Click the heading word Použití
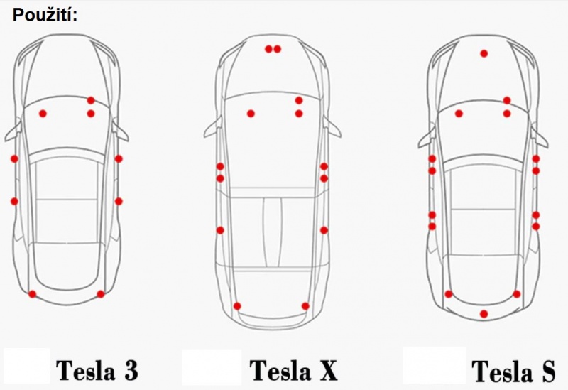(x=45, y=15)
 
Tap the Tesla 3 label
(x=97, y=370)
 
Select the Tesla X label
(x=293, y=370)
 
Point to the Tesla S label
(x=513, y=371)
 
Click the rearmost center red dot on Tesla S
(x=484, y=314)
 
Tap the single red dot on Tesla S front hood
(x=484, y=54)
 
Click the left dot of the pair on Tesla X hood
(x=268, y=49)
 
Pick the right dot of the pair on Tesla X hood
(x=278, y=49)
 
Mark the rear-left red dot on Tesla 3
(x=32, y=294)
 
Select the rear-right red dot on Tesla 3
(x=101, y=294)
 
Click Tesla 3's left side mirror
(x=13, y=132)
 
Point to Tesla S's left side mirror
(x=426, y=138)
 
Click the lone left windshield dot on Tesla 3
(x=43, y=114)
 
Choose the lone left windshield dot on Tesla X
(x=251, y=114)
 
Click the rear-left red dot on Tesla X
(x=237, y=306)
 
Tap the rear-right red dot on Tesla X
(x=305, y=306)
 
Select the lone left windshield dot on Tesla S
(x=459, y=114)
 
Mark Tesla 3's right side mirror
(x=120, y=131)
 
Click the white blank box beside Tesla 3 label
(x=26, y=366)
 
